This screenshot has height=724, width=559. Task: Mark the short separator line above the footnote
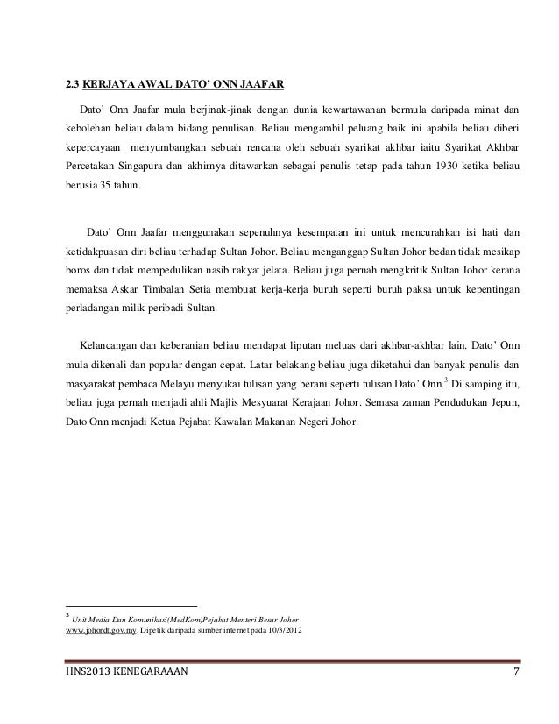click(x=132, y=605)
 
